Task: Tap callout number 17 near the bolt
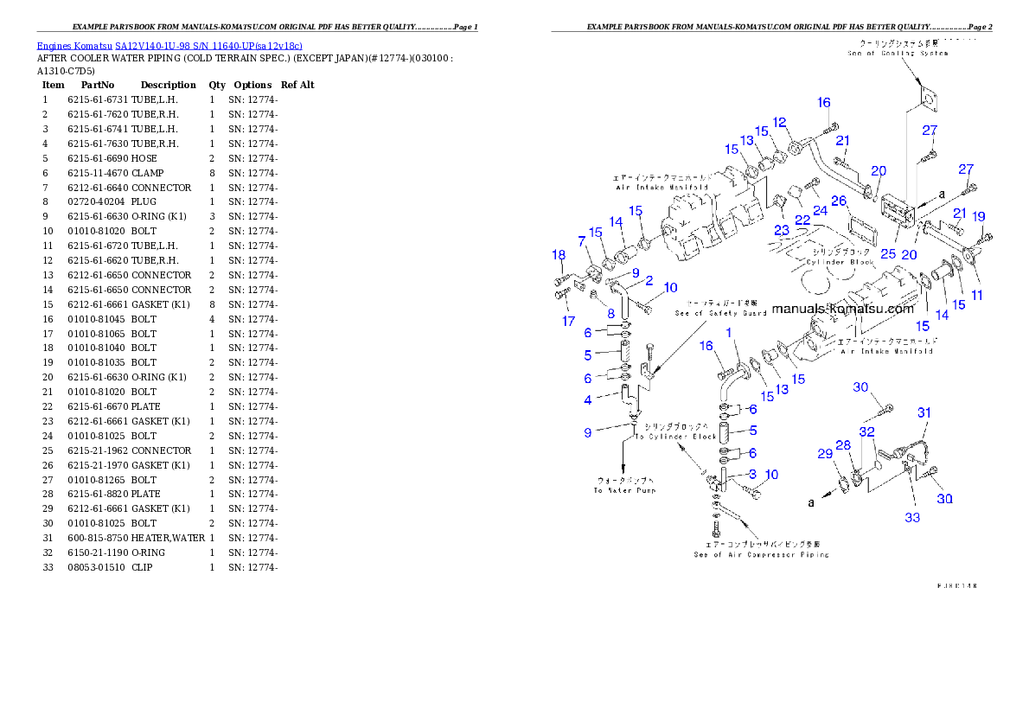[568, 321]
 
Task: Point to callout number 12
[779, 122]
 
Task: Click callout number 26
[838, 201]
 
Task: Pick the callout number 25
[888, 254]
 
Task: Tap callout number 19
[978, 216]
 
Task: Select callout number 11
[977, 295]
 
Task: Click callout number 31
[924, 413]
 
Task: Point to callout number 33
[912, 518]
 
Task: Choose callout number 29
[825, 453]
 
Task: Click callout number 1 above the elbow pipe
[729, 332]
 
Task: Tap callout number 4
[588, 399]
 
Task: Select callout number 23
[782, 230]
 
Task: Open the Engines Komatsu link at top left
[169, 46]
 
